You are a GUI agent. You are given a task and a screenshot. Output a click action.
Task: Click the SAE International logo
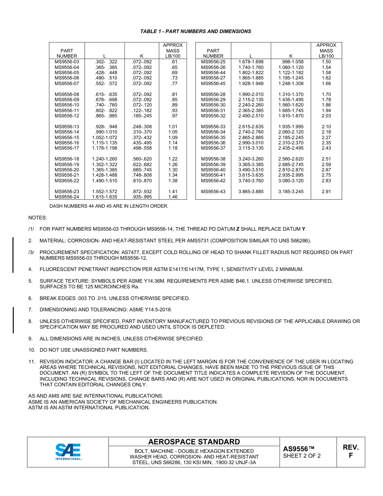68,452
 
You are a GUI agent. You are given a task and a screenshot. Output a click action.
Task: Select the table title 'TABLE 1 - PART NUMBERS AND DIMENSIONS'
196,31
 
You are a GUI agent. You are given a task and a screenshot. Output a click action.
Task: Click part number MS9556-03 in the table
67,62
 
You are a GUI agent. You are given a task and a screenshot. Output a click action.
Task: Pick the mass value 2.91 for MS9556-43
326,192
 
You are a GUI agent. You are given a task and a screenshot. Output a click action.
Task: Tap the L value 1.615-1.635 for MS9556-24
104,197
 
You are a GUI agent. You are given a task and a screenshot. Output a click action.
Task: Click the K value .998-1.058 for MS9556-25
291,62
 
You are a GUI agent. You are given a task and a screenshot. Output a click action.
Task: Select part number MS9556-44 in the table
213,73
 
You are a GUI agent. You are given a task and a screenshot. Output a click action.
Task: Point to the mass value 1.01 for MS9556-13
173,127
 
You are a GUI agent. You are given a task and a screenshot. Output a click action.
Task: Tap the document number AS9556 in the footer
298,449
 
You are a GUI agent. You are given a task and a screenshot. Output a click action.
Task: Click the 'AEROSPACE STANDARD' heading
194,442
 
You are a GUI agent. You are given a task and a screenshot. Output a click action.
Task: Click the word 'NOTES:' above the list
37,218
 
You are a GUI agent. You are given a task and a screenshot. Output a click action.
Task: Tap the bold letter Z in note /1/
237,229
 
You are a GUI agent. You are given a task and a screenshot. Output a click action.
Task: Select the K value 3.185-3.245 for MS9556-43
291,192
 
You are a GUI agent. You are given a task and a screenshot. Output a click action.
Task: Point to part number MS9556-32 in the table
213,116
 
